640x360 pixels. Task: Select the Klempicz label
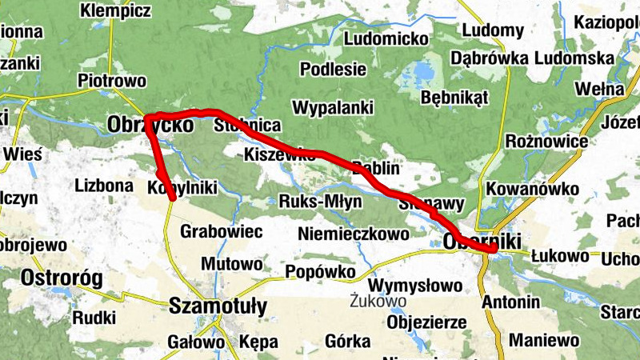coord(115,11)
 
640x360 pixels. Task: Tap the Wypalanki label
coord(334,107)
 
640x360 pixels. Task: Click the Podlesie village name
coord(333,69)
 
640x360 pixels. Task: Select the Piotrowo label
coord(112,81)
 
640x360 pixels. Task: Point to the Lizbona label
coord(103,186)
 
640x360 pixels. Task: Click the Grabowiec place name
coord(222,231)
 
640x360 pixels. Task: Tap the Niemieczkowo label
coord(353,234)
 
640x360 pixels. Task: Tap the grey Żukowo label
coord(378,302)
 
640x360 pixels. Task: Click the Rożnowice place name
coord(548,142)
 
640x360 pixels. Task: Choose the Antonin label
coord(510,302)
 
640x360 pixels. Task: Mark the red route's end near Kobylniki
coord(172,198)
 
